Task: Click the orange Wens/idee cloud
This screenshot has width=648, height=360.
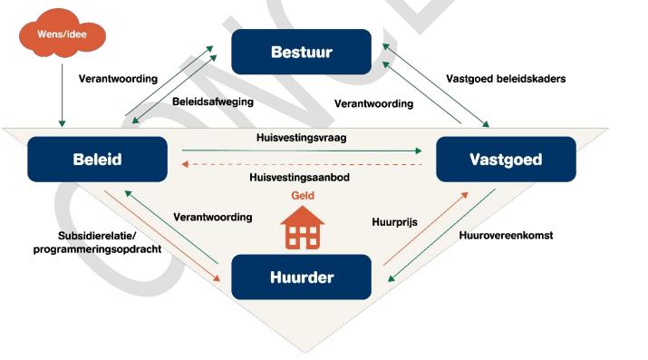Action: pos(62,35)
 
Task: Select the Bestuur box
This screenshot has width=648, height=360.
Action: pos(302,52)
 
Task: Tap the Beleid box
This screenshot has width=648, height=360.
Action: pos(97,160)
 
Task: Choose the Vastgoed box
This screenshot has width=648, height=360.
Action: pos(506,160)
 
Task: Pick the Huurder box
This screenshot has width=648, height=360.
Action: pos(302,277)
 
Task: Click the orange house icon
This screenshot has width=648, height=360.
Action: pos(303,228)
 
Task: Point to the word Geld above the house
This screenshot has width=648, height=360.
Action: pos(303,195)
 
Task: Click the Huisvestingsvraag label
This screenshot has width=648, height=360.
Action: pos(300,137)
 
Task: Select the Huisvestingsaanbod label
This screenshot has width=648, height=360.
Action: pos(301,177)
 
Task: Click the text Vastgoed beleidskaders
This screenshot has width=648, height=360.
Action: pos(506,79)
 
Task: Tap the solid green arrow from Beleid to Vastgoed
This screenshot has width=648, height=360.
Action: pos(299,151)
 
